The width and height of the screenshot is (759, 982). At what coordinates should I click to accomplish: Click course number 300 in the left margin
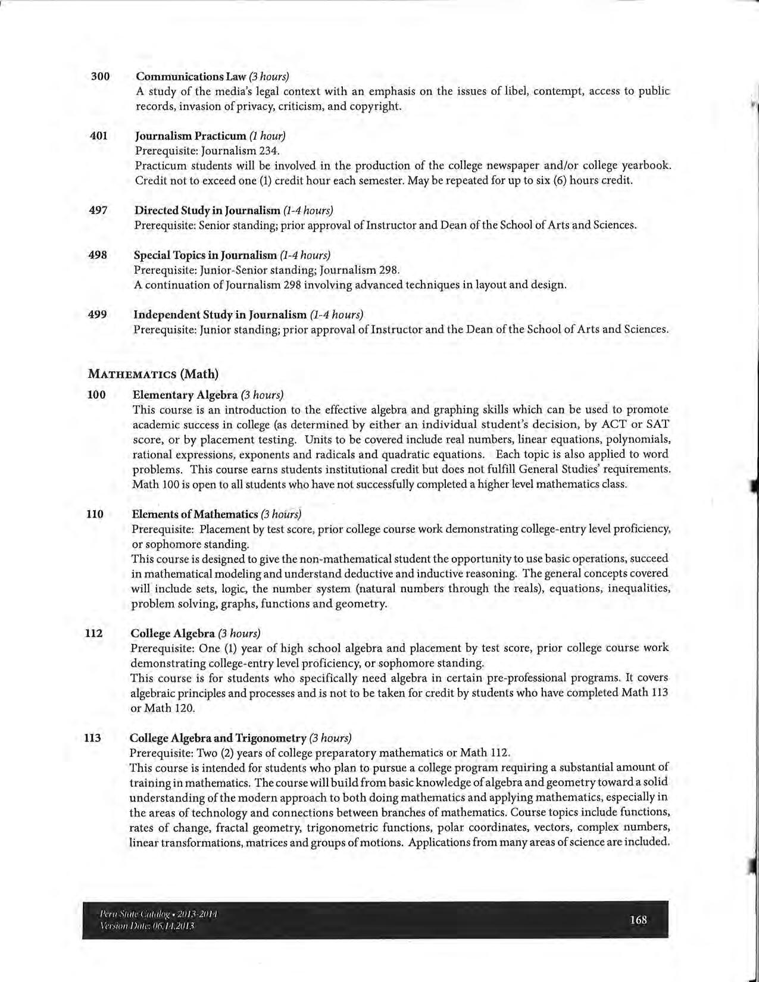100,76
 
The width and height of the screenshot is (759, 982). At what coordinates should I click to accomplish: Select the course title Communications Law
190,76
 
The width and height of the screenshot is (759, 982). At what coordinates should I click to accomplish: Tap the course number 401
98,136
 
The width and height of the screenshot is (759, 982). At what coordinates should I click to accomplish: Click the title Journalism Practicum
190,136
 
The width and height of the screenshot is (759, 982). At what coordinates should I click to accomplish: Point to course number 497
98,210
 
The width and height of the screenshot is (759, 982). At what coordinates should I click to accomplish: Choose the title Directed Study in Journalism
207,210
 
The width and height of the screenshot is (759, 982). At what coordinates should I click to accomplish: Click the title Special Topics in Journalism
205,255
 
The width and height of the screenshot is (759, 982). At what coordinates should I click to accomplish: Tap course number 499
97,314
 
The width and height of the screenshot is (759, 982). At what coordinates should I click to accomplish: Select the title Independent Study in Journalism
220,314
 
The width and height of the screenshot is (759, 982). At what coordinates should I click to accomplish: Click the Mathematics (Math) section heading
153,374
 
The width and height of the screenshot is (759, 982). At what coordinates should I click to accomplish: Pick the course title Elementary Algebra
185,395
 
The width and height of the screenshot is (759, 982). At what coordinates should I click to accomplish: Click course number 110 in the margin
95,514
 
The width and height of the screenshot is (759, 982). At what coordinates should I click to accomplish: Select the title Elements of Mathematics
195,514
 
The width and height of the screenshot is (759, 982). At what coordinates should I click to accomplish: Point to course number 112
94,633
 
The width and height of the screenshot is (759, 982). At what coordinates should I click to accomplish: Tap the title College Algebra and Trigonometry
218,738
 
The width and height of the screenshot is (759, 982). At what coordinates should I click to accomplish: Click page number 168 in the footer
638,920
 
